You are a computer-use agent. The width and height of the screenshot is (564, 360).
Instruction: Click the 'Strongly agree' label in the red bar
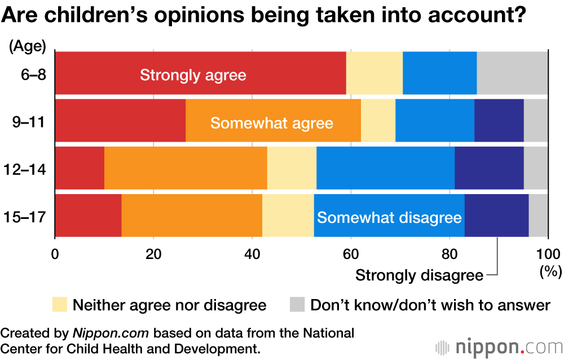click(x=193, y=75)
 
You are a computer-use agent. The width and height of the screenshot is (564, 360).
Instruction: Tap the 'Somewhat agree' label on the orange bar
click(x=271, y=123)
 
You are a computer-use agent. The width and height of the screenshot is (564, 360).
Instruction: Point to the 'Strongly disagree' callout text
click(x=419, y=276)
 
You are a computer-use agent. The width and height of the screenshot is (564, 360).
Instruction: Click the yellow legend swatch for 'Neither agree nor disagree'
click(x=59, y=305)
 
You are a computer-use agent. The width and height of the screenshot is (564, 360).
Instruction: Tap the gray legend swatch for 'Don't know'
click(x=297, y=305)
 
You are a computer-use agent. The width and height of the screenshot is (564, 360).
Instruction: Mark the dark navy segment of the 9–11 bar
click(x=499, y=120)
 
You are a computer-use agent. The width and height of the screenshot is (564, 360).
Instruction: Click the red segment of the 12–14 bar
click(x=80, y=168)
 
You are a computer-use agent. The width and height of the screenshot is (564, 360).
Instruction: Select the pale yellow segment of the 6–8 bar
click(x=374, y=72)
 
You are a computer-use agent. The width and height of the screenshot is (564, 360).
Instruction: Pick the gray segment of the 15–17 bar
click(x=538, y=215)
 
